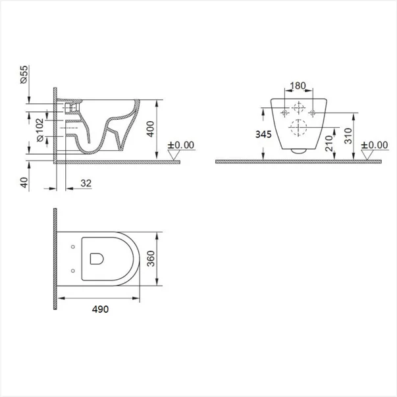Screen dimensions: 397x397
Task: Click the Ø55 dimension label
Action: pos(24,74)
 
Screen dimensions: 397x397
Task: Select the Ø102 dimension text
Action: pos(40,130)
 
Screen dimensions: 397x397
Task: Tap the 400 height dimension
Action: pos(150,129)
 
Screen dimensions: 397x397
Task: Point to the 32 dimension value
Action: pos(86,183)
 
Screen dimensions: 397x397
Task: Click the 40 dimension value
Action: pos(24,182)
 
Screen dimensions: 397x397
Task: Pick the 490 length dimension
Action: pos(100,309)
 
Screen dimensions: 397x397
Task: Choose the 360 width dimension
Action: pos(151,259)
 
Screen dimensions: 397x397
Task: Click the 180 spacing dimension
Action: pos(298,86)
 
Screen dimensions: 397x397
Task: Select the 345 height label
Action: pos(263,134)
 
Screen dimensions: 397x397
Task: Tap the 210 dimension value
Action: pos(329,144)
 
